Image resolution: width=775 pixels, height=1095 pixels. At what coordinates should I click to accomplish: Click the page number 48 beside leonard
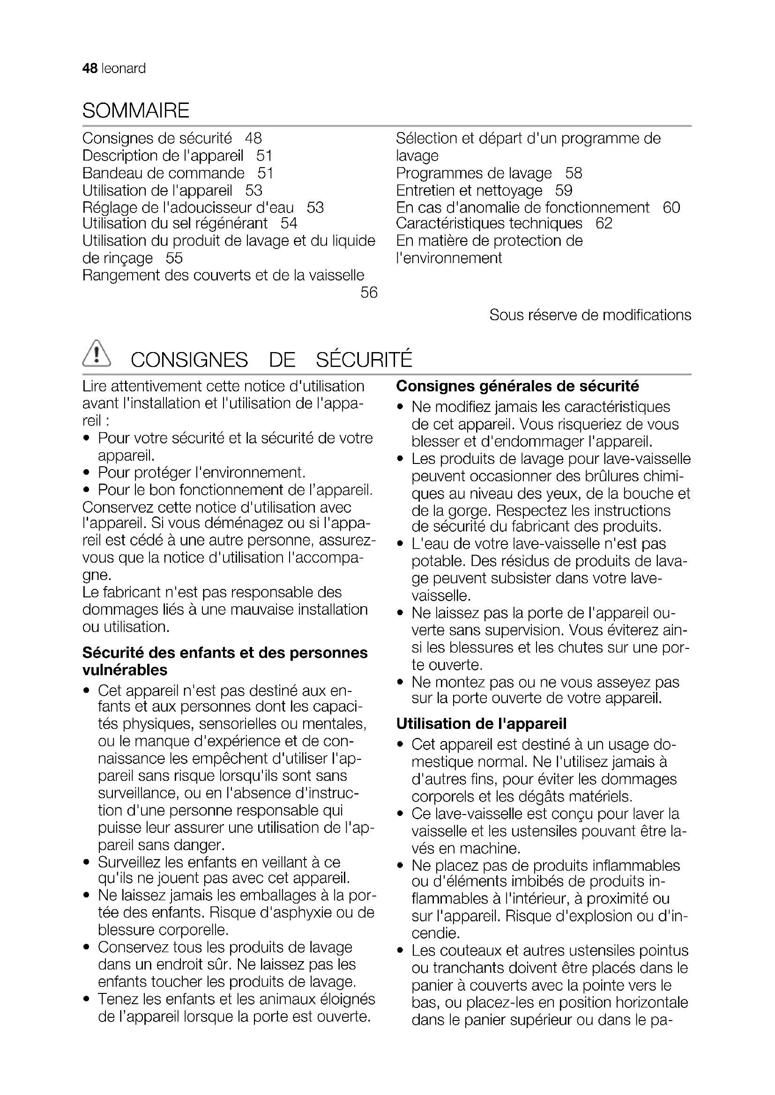[x=89, y=69]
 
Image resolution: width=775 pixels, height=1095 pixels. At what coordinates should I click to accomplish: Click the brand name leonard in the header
[x=124, y=69]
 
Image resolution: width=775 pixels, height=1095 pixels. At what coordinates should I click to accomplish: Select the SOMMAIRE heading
[x=136, y=110]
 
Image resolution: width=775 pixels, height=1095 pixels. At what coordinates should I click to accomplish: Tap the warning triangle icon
[x=97, y=355]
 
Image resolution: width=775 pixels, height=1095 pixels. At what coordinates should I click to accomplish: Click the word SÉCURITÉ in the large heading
[x=364, y=360]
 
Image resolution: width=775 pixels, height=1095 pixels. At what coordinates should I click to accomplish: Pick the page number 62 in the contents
[x=604, y=223]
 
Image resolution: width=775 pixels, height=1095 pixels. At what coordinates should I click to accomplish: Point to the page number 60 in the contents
[x=671, y=207]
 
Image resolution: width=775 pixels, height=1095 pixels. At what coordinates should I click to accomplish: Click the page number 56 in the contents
[x=369, y=292]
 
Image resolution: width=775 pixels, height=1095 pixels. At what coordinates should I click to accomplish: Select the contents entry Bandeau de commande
[x=163, y=173]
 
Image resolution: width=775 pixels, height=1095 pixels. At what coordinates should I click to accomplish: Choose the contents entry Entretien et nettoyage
[x=469, y=190]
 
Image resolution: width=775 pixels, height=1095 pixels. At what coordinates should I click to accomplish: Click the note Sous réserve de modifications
[x=590, y=315]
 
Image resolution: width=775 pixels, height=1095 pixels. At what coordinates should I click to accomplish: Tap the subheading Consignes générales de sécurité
[x=517, y=386]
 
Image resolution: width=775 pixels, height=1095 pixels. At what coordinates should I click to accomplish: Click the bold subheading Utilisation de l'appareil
[x=481, y=723]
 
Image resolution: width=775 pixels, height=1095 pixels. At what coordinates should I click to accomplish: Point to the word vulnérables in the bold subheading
[x=125, y=670]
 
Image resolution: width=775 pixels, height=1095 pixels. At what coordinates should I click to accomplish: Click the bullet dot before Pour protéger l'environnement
[x=86, y=473]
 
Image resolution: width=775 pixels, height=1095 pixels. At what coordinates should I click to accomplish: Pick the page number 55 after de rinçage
[x=174, y=258]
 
